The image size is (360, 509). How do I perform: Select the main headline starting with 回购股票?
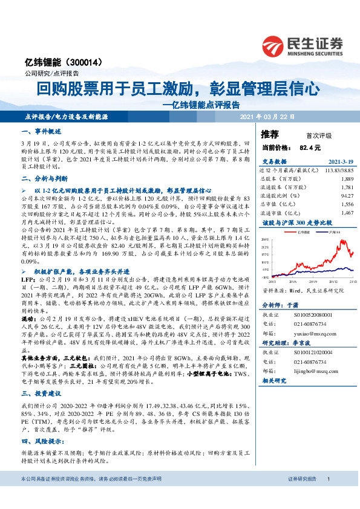177,90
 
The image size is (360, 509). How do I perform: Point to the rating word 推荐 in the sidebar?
270,134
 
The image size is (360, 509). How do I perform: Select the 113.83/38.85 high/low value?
337,170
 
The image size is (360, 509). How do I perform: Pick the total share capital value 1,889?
347,180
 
